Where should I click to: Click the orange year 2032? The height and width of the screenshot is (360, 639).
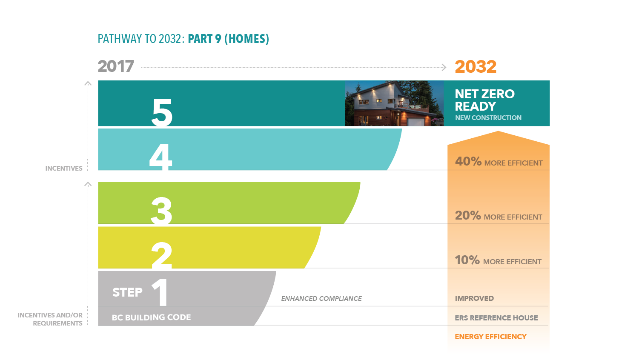475,67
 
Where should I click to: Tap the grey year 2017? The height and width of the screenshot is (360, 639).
116,67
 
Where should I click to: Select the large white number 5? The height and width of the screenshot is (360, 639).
162,112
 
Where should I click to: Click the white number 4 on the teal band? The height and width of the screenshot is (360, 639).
161,157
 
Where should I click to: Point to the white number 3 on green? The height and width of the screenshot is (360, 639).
161,210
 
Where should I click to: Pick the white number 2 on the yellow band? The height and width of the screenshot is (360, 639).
162,255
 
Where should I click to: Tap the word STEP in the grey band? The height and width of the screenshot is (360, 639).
127,292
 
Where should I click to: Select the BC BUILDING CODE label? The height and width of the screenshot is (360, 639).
151,317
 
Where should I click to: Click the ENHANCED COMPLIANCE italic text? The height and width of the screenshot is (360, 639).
321,299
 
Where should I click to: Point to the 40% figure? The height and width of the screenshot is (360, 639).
468,162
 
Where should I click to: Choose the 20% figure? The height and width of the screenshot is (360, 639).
468,216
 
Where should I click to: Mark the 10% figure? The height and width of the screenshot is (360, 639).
467,260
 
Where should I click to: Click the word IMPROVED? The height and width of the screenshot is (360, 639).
474,298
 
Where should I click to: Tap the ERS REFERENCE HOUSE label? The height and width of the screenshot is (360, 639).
496,318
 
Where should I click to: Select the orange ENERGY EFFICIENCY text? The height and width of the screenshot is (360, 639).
490,337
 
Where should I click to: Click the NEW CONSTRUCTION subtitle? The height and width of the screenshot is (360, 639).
488,118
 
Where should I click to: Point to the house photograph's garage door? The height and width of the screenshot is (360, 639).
415,122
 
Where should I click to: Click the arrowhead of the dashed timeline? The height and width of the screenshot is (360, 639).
444,67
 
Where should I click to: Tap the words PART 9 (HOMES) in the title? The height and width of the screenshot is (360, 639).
228,39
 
